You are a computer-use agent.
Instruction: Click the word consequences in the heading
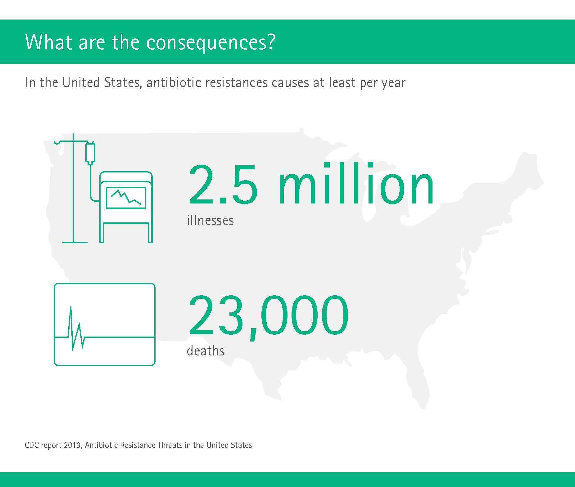206,43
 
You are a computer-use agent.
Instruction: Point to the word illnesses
210,220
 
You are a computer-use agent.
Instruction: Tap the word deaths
206,351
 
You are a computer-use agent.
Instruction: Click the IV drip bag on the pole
90,153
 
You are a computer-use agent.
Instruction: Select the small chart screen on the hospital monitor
126,198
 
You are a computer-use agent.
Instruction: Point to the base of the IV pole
75,242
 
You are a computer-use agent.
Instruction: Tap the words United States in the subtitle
100,83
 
